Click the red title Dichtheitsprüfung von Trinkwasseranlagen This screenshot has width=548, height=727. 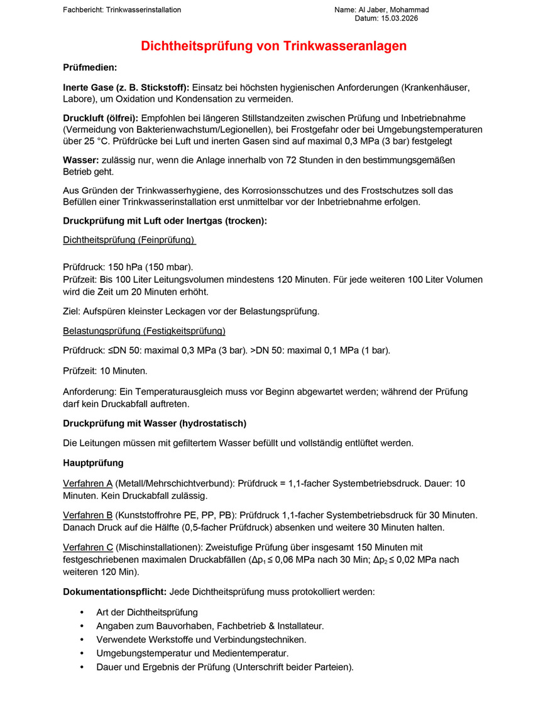pos(273,46)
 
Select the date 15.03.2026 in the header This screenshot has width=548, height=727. pos(399,19)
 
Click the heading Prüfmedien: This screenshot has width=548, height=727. pos(90,67)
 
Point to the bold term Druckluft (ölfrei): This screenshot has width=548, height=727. pos(101,118)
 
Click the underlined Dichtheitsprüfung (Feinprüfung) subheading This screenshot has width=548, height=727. pos(129,240)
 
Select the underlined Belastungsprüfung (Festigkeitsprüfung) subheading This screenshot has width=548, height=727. pos(144,331)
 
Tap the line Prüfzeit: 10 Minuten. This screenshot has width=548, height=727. pos(105,371)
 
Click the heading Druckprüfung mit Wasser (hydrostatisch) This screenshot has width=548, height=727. pos(155,423)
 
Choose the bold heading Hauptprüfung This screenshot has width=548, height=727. pos(93,463)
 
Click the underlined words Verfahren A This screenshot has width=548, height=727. pos(87,484)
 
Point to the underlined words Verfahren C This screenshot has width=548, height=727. pos(88,548)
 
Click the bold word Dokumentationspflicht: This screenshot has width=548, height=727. pos(114,592)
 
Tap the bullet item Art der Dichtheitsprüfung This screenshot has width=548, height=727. pos(147,612)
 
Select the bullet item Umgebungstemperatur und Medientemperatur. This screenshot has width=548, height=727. pos(192,653)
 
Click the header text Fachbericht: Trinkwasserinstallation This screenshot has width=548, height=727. pos(122,10)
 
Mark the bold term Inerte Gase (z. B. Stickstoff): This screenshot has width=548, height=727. pos(126,87)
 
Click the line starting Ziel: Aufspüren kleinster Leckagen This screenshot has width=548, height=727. pos(191,311)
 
